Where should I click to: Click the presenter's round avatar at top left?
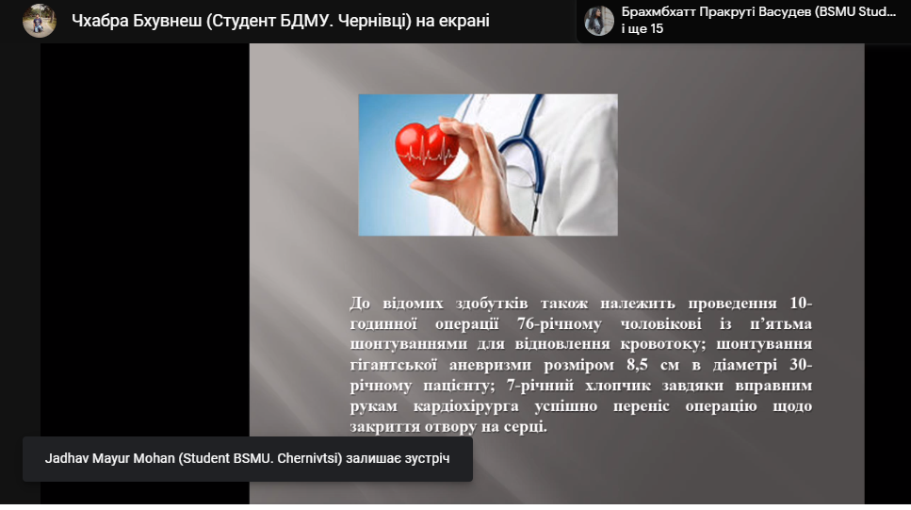(x=39, y=21)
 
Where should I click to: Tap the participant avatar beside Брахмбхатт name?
(x=599, y=21)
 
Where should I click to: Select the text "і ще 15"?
(x=642, y=29)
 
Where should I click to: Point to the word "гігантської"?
(x=394, y=365)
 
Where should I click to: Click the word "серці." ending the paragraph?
(x=526, y=427)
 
